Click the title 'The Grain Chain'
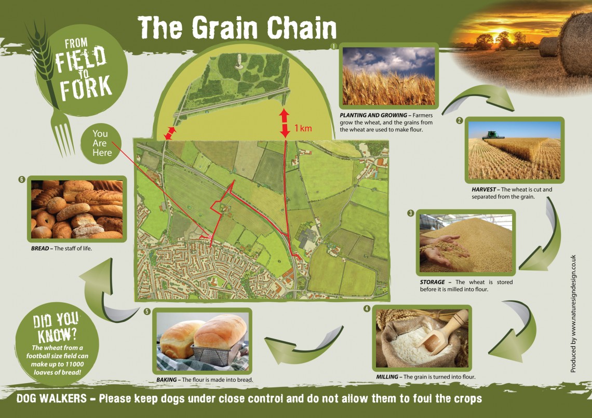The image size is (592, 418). pos(237,28)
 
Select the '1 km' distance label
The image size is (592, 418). pos(303,128)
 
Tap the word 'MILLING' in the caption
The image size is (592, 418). pos(388,376)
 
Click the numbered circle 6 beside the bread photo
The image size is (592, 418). pos(22,180)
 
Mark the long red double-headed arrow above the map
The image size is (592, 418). pos(284,123)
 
